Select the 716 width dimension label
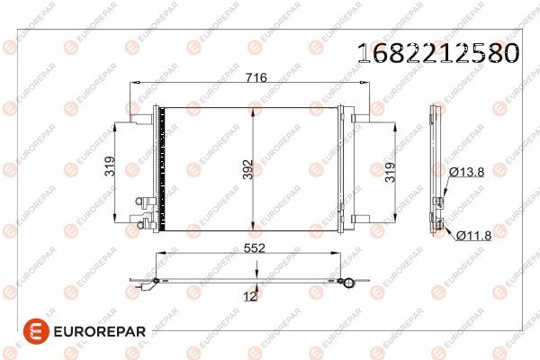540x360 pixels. (257, 78)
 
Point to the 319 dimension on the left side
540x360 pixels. (108, 167)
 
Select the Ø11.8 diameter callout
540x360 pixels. (473, 236)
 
